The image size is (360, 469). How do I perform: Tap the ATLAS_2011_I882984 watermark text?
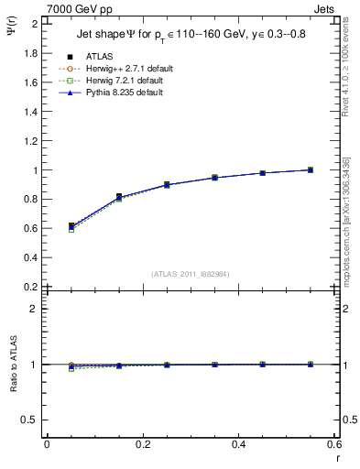pyautogui.click(x=190, y=273)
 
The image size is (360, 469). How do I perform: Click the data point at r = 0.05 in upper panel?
pyautogui.click(x=71, y=225)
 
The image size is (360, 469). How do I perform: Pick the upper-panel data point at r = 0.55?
pyautogui.click(x=311, y=169)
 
